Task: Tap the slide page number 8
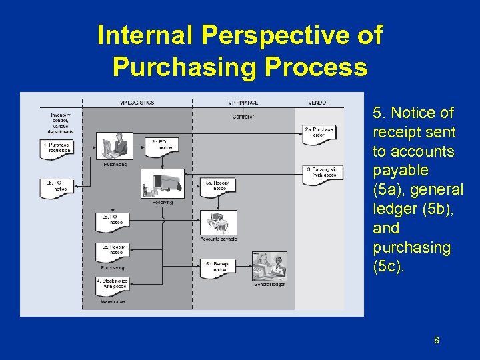click(x=436, y=341)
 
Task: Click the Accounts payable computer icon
click(x=219, y=223)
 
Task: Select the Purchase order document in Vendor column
click(x=319, y=131)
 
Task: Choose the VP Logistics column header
click(x=136, y=102)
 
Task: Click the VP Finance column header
click(x=243, y=102)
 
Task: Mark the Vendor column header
click(x=319, y=102)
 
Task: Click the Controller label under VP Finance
click(x=243, y=117)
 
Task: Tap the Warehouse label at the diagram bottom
click(x=113, y=301)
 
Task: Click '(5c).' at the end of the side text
click(x=389, y=267)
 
